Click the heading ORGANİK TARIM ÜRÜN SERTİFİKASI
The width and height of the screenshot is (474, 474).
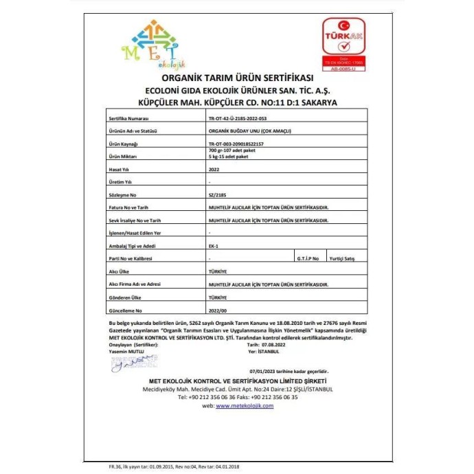click(x=237, y=78)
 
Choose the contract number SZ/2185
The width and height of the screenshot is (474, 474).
click(x=216, y=195)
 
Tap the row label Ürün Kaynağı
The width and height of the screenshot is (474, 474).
click(x=124, y=144)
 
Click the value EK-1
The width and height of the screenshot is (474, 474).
click(x=214, y=245)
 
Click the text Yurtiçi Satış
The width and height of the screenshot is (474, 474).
click(x=343, y=258)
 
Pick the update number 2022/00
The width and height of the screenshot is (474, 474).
click(x=217, y=310)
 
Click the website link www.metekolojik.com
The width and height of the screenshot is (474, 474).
click(x=245, y=406)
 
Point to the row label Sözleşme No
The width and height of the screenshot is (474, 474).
click(x=122, y=195)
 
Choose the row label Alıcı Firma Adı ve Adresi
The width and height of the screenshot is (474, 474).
click(x=139, y=284)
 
